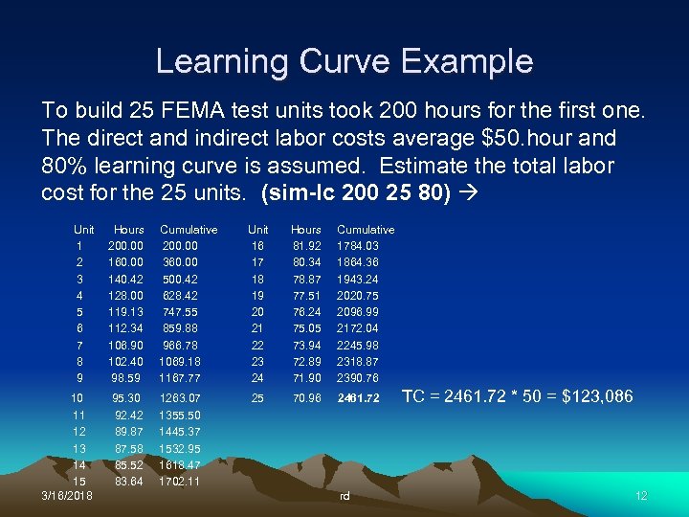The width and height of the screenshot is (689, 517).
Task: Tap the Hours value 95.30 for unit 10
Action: [126, 398]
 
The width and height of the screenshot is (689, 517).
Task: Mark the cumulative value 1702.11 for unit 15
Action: [180, 481]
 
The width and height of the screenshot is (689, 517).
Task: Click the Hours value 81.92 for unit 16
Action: [306, 246]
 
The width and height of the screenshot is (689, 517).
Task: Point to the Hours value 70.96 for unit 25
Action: [306, 398]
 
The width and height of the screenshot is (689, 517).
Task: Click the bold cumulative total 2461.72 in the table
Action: [358, 398]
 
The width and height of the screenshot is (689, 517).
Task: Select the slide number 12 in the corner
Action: [641, 495]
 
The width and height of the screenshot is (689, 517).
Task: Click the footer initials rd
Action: [345, 496]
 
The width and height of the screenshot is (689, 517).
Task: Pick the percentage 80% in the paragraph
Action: [63, 165]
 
